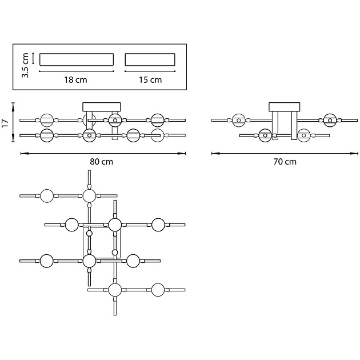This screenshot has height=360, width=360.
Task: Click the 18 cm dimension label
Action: tap(76, 80)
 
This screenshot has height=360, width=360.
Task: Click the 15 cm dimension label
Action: tap(150, 80)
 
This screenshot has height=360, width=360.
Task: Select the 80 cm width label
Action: tap(102, 162)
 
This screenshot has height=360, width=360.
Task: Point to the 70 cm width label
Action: tap(285, 162)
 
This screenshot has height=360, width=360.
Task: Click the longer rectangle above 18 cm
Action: tap(76, 59)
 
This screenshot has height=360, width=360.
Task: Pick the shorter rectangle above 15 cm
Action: tap(150, 59)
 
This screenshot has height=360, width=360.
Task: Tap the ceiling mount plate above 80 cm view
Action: tap(102, 106)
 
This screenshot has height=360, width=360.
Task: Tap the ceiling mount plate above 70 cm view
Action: tap(285, 106)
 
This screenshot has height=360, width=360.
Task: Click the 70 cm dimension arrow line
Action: tap(285, 153)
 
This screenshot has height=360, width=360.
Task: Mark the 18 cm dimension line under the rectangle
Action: tap(76, 71)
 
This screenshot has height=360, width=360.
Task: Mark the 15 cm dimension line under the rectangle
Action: tap(150, 71)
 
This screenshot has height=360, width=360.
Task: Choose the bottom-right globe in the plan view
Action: tap(159, 290)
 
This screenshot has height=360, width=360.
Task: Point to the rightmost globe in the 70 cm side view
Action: tap(330, 120)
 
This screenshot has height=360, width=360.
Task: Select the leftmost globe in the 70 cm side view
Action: tap(239, 120)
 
